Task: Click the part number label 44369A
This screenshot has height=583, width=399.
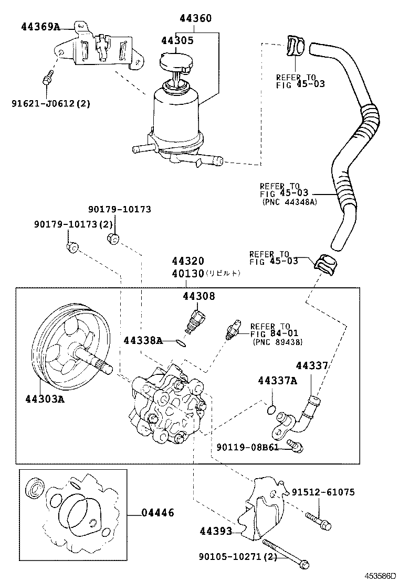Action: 40,27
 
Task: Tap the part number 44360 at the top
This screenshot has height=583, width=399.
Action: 195,19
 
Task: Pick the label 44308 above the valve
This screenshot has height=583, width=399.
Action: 199,296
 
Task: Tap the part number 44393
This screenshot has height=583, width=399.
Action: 216,532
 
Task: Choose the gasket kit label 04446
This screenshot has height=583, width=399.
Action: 157,513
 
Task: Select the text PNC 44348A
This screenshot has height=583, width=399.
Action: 289,201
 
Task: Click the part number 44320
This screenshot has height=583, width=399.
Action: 187,261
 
